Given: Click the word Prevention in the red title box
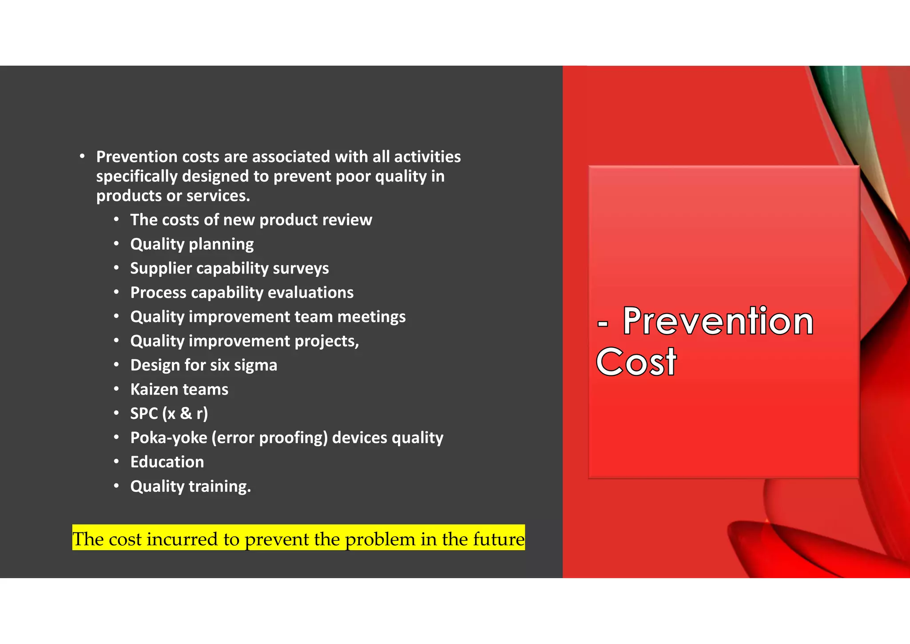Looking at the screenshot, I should point(718,321).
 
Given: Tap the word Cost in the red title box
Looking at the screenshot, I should point(636,362).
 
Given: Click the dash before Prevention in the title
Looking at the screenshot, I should point(603,323).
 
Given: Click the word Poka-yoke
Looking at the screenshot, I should point(168,438).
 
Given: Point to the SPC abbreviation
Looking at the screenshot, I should point(144,414).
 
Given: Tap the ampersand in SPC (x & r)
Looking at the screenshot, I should point(186,414).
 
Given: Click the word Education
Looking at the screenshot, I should point(167,462).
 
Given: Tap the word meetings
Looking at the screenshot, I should point(371,317).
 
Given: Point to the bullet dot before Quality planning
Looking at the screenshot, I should point(116,244).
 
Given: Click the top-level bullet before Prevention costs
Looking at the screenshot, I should point(82,156).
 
